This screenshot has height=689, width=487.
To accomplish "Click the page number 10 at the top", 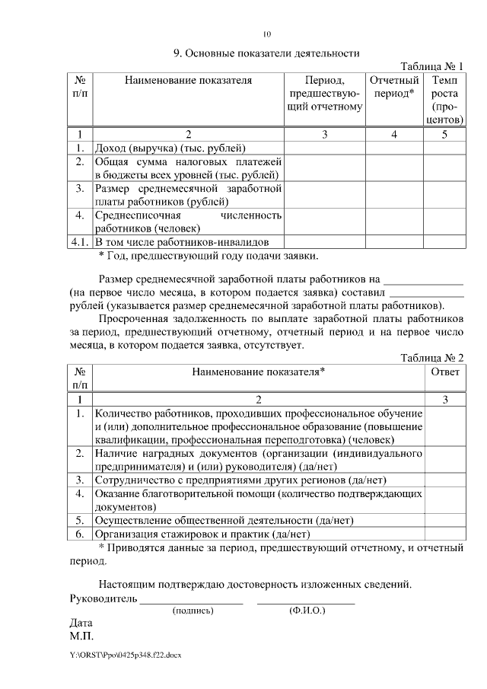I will click(x=266, y=33).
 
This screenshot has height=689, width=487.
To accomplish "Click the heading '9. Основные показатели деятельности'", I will click(x=266, y=53).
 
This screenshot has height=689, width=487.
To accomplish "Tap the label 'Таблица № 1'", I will click(x=431, y=66).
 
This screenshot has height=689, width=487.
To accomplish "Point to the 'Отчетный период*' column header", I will click(x=395, y=86).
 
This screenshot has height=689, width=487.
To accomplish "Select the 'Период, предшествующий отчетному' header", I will click(x=325, y=93).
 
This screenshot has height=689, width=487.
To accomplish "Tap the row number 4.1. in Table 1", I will click(x=80, y=242).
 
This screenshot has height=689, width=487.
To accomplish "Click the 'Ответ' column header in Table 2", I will click(x=444, y=372).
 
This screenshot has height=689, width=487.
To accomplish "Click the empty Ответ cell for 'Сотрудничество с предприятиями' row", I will click(x=444, y=480).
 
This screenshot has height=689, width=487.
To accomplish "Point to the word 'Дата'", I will click(x=81, y=622).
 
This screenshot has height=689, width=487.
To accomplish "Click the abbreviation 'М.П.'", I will click(x=81, y=635).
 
